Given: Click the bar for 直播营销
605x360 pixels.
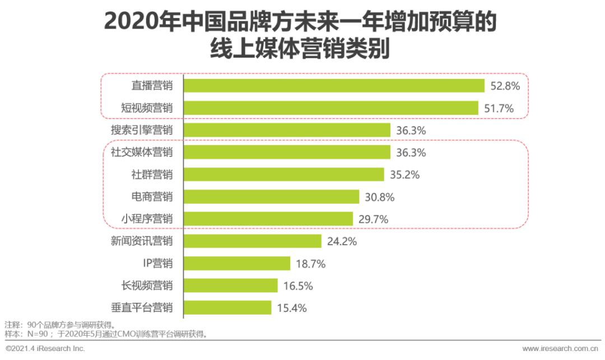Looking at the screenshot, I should tap(334, 86).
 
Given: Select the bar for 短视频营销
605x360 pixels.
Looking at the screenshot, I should tap(331, 108).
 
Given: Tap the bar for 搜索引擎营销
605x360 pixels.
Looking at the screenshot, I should tap(287, 130).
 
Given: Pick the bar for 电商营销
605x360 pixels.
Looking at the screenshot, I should tap(271, 197).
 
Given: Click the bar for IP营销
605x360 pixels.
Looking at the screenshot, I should tap(237, 263).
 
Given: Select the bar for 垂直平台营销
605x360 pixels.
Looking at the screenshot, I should tap(227, 307).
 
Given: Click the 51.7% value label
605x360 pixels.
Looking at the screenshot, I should tap(499, 109).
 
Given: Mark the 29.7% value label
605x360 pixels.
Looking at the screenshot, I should tap(373, 219).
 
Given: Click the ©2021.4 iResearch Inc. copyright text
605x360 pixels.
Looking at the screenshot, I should tap(45, 349).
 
